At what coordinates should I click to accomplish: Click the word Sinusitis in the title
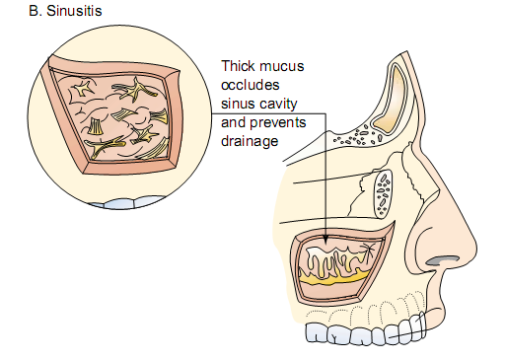(x=74, y=11)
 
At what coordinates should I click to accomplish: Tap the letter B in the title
(x=34, y=11)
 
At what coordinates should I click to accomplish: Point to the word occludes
(x=251, y=85)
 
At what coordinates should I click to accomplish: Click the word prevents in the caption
(x=278, y=123)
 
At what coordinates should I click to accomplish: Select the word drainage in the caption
(x=250, y=142)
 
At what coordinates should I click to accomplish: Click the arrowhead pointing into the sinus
(x=325, y=240)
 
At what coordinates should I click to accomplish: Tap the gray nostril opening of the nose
(x=442, y=260)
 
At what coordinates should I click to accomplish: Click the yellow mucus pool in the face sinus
(x=332, y=279)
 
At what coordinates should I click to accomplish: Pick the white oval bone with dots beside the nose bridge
(x=383, y=194)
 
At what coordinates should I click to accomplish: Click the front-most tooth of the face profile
(x=418, y=325)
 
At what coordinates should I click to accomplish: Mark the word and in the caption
(x=234, y=123)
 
